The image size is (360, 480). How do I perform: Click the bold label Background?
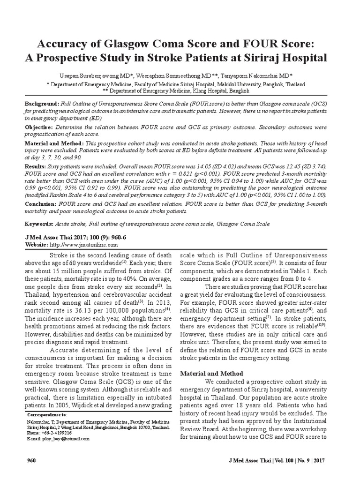click(42, 103)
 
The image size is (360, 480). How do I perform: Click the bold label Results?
click(35, 166)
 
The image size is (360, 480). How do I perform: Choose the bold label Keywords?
click(39, 224)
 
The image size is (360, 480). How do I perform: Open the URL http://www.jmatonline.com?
click(83, 245)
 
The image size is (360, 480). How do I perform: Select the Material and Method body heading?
click(212, 374)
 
